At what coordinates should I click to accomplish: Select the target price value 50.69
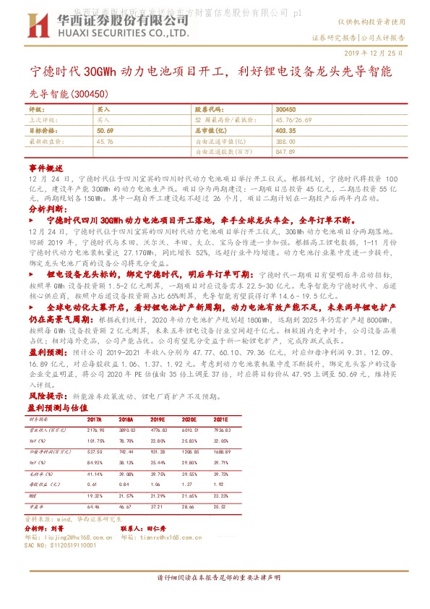105,130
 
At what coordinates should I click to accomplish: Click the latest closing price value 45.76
105,142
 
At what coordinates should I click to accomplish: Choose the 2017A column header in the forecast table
94,418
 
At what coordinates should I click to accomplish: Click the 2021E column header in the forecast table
221,418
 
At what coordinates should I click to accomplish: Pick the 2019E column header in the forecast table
157,418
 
